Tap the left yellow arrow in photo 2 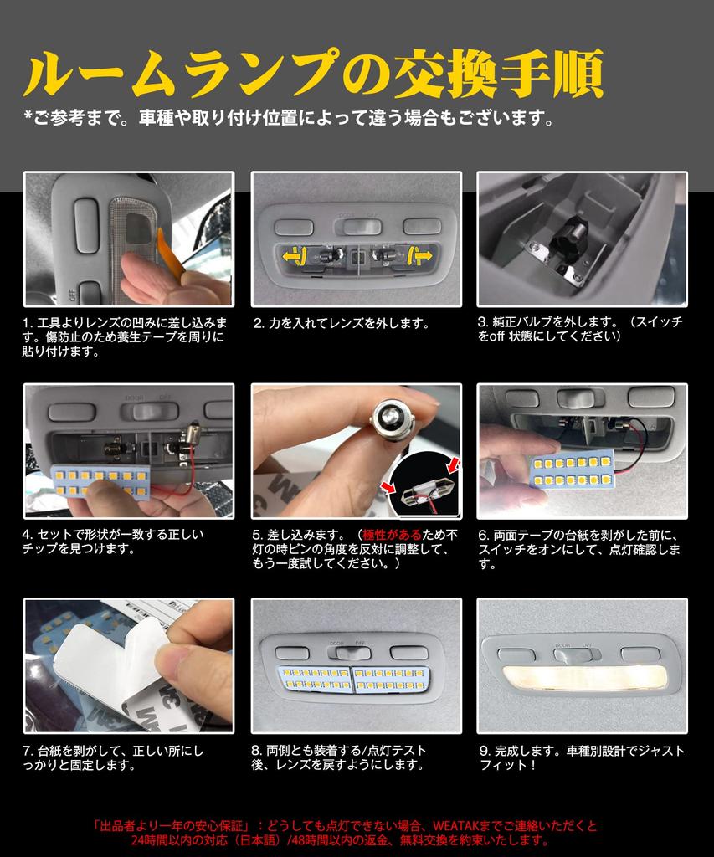pyautogui.click(x=293, y=254)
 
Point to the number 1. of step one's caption pyautogui.click(x=28, y=322)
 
